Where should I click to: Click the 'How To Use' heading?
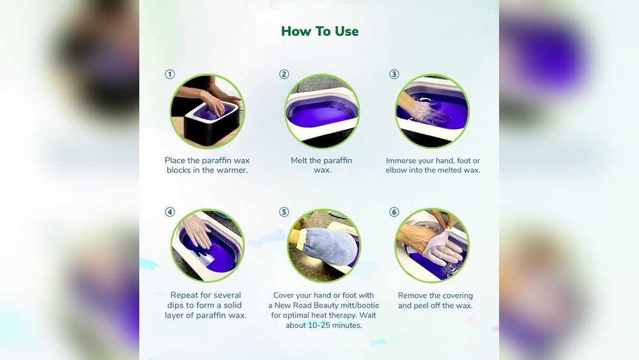coord(320,31)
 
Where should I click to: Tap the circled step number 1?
coord(170,74)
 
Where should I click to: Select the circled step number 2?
coord(284,74)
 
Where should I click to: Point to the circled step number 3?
coord(394,74)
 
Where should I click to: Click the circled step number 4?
coord(170,212)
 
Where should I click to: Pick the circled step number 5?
coord(284,212)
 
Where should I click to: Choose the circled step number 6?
coord(394,212)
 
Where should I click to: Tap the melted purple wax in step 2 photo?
coord(321,115)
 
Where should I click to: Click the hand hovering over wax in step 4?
coord(197,230)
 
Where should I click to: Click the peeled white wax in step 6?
coord(440,246)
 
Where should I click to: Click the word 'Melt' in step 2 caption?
coord(299,160)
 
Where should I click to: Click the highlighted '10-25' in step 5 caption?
coord(319,325)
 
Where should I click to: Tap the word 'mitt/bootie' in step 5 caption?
coord(357,306)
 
